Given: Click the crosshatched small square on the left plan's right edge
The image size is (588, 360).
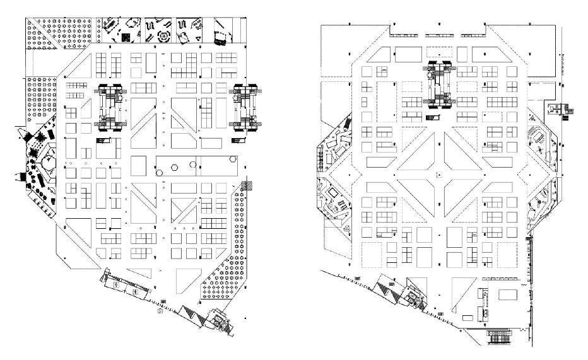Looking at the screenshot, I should click(251, 186).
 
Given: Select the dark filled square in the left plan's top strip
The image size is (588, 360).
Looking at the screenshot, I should click(127, 37).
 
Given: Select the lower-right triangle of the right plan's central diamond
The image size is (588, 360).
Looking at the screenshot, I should click(462, 194).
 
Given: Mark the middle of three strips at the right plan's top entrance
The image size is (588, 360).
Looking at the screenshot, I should click(439, 34).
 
